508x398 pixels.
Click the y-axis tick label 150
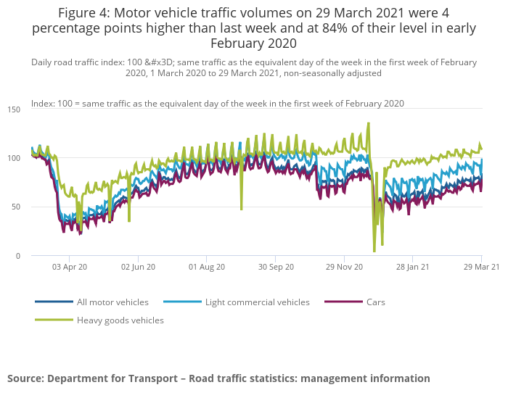coord(14,109)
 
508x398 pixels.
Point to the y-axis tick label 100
coord(14,158)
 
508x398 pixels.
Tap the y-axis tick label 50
coord(16,207)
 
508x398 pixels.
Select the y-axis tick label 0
coord(18,256)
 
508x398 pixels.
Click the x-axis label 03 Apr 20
coord(70,267)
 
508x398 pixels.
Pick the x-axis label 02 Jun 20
coord(138,267)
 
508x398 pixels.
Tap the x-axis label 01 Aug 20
coord(207,267)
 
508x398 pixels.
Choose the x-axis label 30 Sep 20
coord(276,267)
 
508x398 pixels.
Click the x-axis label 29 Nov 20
coord(344,267)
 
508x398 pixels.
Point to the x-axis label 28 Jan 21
coord(412,267)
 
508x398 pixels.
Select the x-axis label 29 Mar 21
coord(481,267)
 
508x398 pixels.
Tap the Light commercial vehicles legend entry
coord(257,302)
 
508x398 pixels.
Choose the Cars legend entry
coord(375,302)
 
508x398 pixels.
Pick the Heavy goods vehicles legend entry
coord(120,320)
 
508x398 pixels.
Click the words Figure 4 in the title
coord(82,13)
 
